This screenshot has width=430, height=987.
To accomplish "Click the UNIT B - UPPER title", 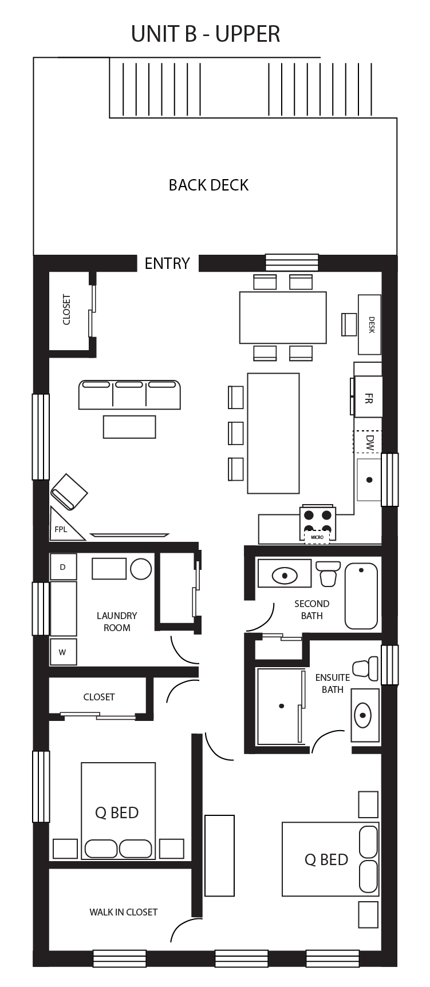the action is [x=206, y=34].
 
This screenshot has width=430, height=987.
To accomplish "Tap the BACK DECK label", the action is [x=208, y=185].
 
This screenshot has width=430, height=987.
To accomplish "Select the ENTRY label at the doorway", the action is [x=167, y=263].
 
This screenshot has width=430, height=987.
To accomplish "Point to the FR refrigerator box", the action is [x=368, y=397].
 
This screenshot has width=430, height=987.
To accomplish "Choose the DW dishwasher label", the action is [x=370, y=442].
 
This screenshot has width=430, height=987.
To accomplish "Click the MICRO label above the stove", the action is [x=317, y=537].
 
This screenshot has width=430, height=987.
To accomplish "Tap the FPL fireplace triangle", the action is [x=65, y=525].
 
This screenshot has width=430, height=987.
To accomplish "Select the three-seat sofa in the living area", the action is [x=129, y=395].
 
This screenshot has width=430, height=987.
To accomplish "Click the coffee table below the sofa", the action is [x=129, y=427].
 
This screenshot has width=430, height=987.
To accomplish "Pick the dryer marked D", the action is [x=63, y=567].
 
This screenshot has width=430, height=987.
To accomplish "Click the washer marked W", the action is [x=63, y=652].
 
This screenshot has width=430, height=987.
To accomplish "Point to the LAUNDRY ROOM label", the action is [x=117, y=621].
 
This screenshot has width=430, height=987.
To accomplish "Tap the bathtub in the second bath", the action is [x=361, y=596].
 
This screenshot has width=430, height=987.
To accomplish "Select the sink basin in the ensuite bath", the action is [x=363, y=715].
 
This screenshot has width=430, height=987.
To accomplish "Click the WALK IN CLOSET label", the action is [x=123, y=912].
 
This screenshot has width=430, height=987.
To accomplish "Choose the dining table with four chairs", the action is [x=283, y=317].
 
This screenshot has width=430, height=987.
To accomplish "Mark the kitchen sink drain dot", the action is [x=370, y=479].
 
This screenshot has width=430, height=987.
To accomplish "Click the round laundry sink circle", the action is [x=141, y=569].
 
